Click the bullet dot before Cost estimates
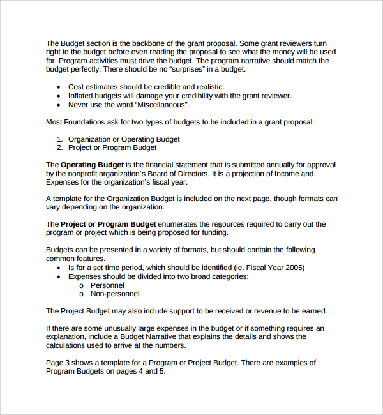pyautogui.click(x=59, y=87)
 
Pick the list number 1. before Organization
pyautogui.click(x=60, y=139)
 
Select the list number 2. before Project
pyautogui.click(x=60, y=147)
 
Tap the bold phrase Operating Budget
pyautogui.click(x=91, y=165)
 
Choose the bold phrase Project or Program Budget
pyautogui.click(x=107, y=225)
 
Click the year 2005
pyautogui.click(x=294, y=268)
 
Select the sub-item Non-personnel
pyautogui.click(x=115, y=294)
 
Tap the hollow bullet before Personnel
pyautogui.click(x=82, y=285)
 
